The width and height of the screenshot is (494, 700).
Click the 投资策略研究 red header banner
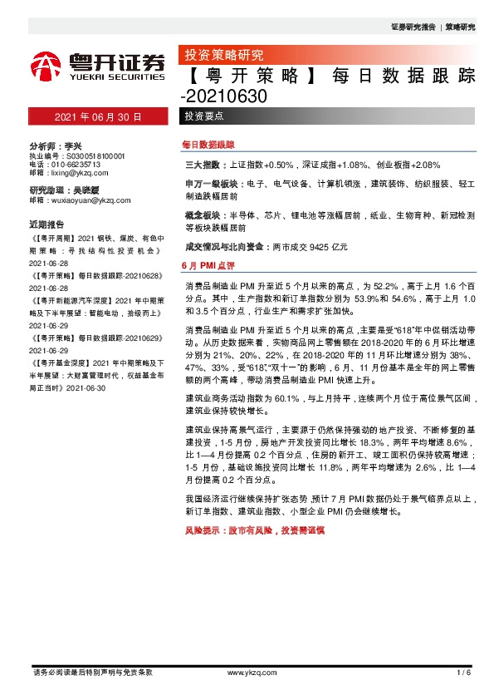[223, 56]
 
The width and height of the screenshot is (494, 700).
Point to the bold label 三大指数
[201, 165]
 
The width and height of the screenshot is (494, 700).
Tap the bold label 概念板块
[201, 214]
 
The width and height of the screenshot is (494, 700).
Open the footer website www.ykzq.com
[246, 672]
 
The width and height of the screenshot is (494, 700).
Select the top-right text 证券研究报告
[413, 27]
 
